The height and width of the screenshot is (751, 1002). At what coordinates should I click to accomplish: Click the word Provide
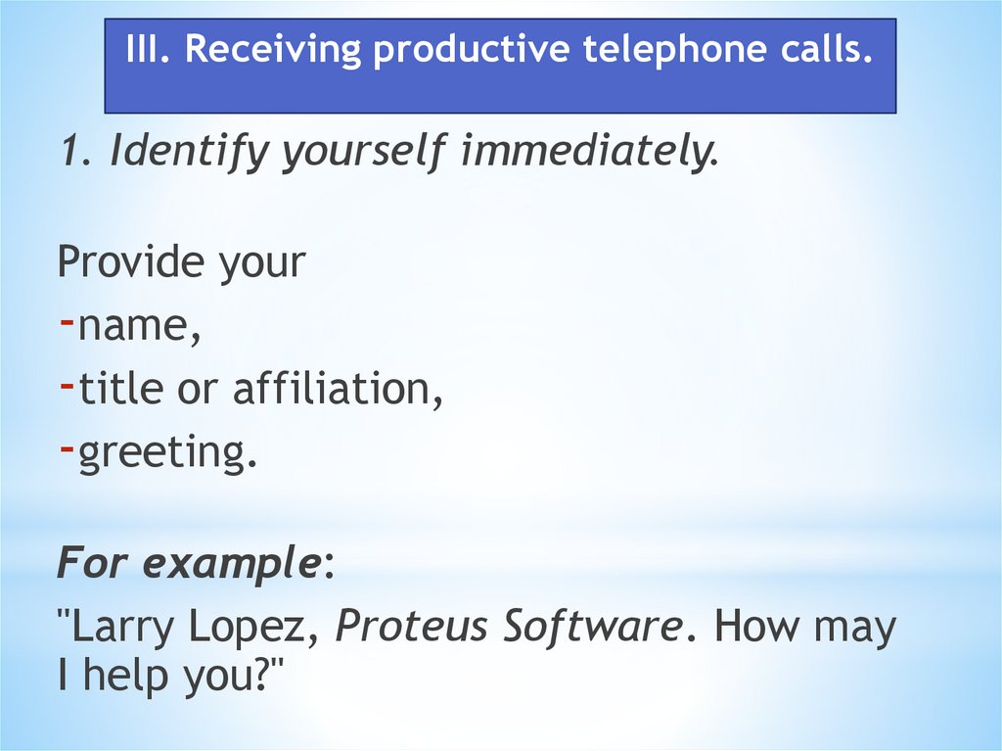coord(131,262)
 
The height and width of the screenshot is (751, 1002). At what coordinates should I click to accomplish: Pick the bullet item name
coord(139,327)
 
